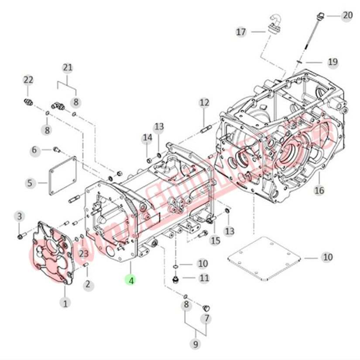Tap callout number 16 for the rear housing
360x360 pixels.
(x=319, y=190)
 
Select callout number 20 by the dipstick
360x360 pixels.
(x=347, y=16)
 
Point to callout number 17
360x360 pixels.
(x=241, y=32)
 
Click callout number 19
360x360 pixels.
(x=333, y=62)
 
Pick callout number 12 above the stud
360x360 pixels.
(x=204, y=103)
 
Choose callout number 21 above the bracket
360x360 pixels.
(x=67, y=68)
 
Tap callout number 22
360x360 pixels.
(x=28, y=80)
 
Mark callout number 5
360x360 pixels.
(x=30, y=183)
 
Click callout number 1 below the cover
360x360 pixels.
(x=65, y=302)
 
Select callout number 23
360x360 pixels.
(x=83, y=254)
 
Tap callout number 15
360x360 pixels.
(x=216, y=240)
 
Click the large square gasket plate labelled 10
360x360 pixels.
(x=264, y=259)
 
